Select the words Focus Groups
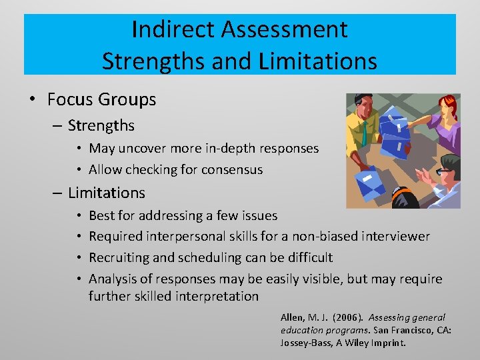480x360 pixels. point(101,100)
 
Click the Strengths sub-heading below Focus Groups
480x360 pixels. point(101,125)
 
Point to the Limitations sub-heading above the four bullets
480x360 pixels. point(106,193)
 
